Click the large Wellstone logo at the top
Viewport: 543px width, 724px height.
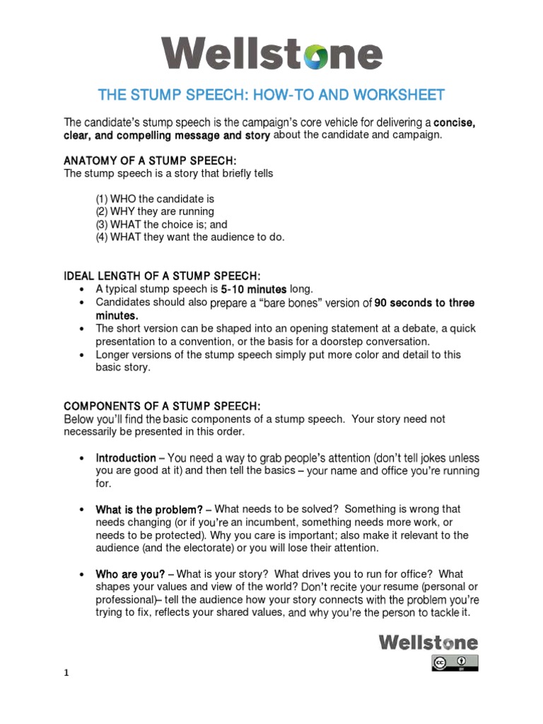(271, 54)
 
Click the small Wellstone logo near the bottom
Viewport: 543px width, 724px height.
(428, 642)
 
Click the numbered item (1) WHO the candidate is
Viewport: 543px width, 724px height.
(154, 199)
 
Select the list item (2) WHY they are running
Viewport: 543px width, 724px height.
(154, 211)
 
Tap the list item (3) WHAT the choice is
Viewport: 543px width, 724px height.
(161, 224)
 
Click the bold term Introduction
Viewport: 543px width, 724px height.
(125, 457)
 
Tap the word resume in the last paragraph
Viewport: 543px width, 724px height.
(406, 588)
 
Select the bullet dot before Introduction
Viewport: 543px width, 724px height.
(83, 458)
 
